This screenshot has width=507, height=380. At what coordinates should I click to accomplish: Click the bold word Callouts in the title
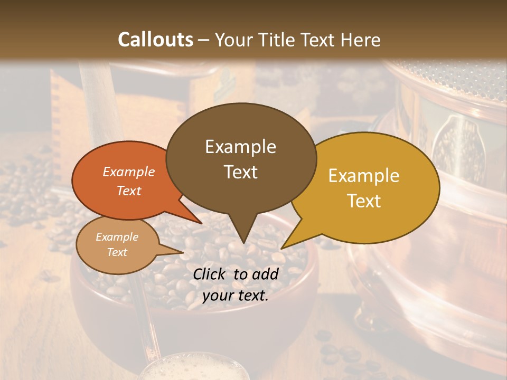coord(155,40)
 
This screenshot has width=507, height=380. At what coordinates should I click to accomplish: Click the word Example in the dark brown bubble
coord(240,147)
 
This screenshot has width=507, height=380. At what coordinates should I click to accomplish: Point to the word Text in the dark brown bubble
coord(241,172)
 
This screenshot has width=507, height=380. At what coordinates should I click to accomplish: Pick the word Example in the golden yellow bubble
coord(364,176)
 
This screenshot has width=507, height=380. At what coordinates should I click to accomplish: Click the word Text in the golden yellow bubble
coord(364,201)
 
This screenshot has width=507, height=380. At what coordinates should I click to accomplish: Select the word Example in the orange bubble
coord(129,172)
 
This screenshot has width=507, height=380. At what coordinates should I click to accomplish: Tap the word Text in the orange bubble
coord(129,191)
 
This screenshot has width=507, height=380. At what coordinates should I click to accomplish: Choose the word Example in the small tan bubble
coord(117,237)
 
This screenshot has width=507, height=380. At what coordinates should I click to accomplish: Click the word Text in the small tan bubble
coord(117,252)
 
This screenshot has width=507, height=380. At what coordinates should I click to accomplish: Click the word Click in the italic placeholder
coord(210,274)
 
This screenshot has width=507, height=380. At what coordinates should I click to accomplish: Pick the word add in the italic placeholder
coord(265,274)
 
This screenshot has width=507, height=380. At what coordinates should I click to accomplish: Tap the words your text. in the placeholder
coord(235,296)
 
